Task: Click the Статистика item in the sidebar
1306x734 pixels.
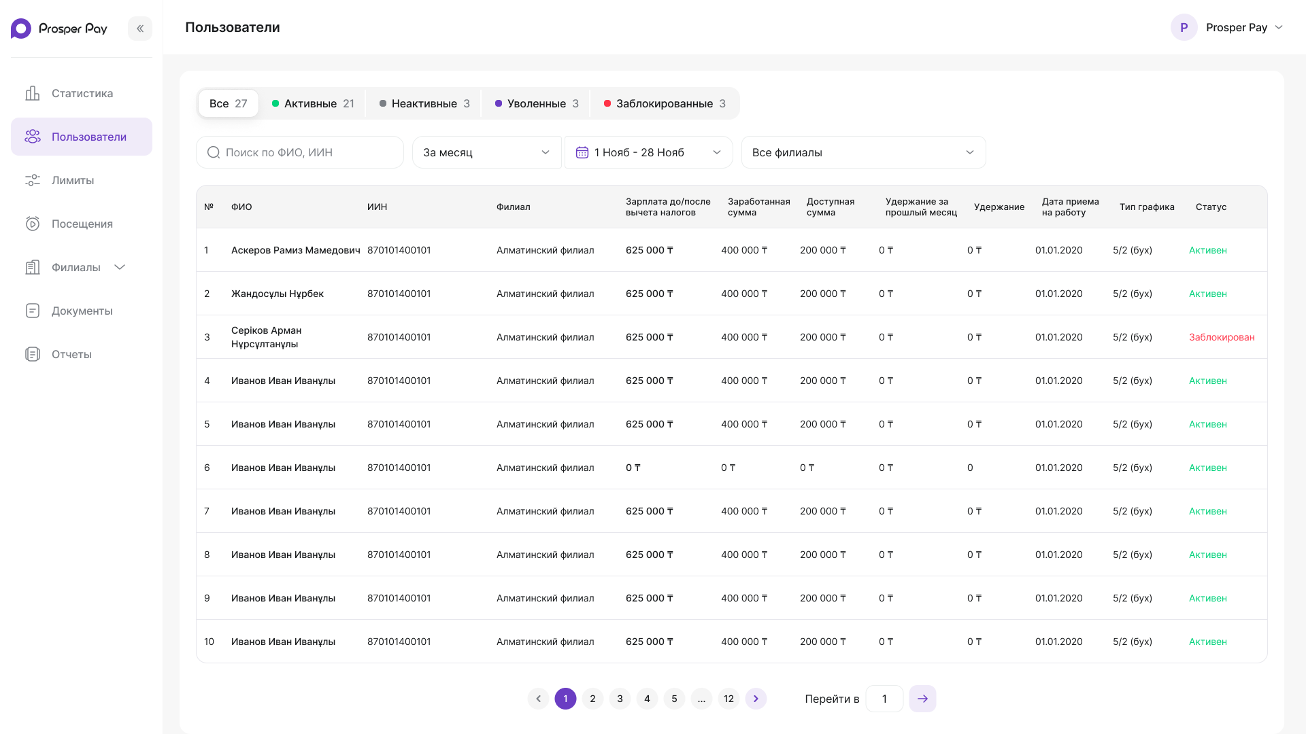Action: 82,93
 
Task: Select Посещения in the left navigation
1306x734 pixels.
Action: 82,224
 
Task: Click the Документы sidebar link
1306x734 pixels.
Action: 82,311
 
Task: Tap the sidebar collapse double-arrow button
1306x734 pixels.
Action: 140,29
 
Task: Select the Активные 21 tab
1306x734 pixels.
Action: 313,103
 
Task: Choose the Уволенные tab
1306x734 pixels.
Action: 537,103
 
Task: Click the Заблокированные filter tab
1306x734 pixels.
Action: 665,103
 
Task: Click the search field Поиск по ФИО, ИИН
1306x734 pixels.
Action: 300,152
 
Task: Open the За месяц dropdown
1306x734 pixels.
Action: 487,152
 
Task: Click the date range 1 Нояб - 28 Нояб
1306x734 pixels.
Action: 648,152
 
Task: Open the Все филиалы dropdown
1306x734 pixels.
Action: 863,152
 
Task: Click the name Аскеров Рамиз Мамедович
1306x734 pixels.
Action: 296,250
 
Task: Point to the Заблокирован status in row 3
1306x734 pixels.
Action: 1222,337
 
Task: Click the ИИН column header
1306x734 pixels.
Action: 377,207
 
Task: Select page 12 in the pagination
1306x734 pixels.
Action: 729,699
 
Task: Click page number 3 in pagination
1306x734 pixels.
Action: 620,699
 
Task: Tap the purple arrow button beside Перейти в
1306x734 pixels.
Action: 922,699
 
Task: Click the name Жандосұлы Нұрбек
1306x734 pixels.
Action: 278,294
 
